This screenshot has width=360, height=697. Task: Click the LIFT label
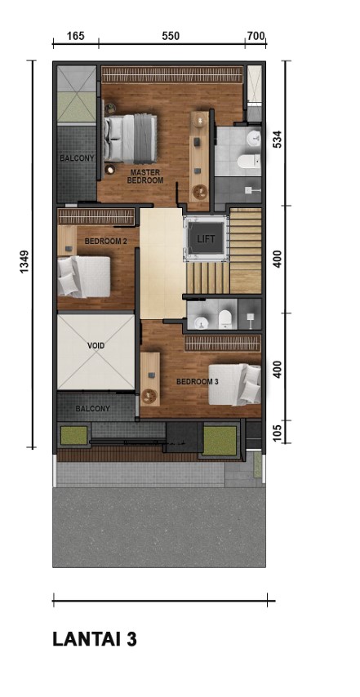206,238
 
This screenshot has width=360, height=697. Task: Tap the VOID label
96,345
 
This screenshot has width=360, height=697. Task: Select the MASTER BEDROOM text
144,176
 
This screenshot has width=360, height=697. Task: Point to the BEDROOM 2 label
106,242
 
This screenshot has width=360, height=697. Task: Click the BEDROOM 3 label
198,381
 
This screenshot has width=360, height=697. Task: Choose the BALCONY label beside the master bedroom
77,158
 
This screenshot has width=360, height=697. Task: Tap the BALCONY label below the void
92,409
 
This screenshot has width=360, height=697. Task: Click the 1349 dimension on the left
24,262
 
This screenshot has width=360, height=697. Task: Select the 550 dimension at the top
171,36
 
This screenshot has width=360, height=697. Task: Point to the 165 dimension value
76,36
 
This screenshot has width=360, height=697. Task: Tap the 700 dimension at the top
256,36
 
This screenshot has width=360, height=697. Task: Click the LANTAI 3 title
95,639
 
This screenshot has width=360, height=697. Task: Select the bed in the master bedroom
131,138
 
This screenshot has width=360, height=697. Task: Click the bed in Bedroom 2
83,277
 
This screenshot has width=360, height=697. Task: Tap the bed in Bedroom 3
234,384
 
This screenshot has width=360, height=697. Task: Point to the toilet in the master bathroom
248,162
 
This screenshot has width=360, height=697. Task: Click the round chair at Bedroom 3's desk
149,396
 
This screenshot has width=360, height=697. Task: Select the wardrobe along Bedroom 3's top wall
223,343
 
